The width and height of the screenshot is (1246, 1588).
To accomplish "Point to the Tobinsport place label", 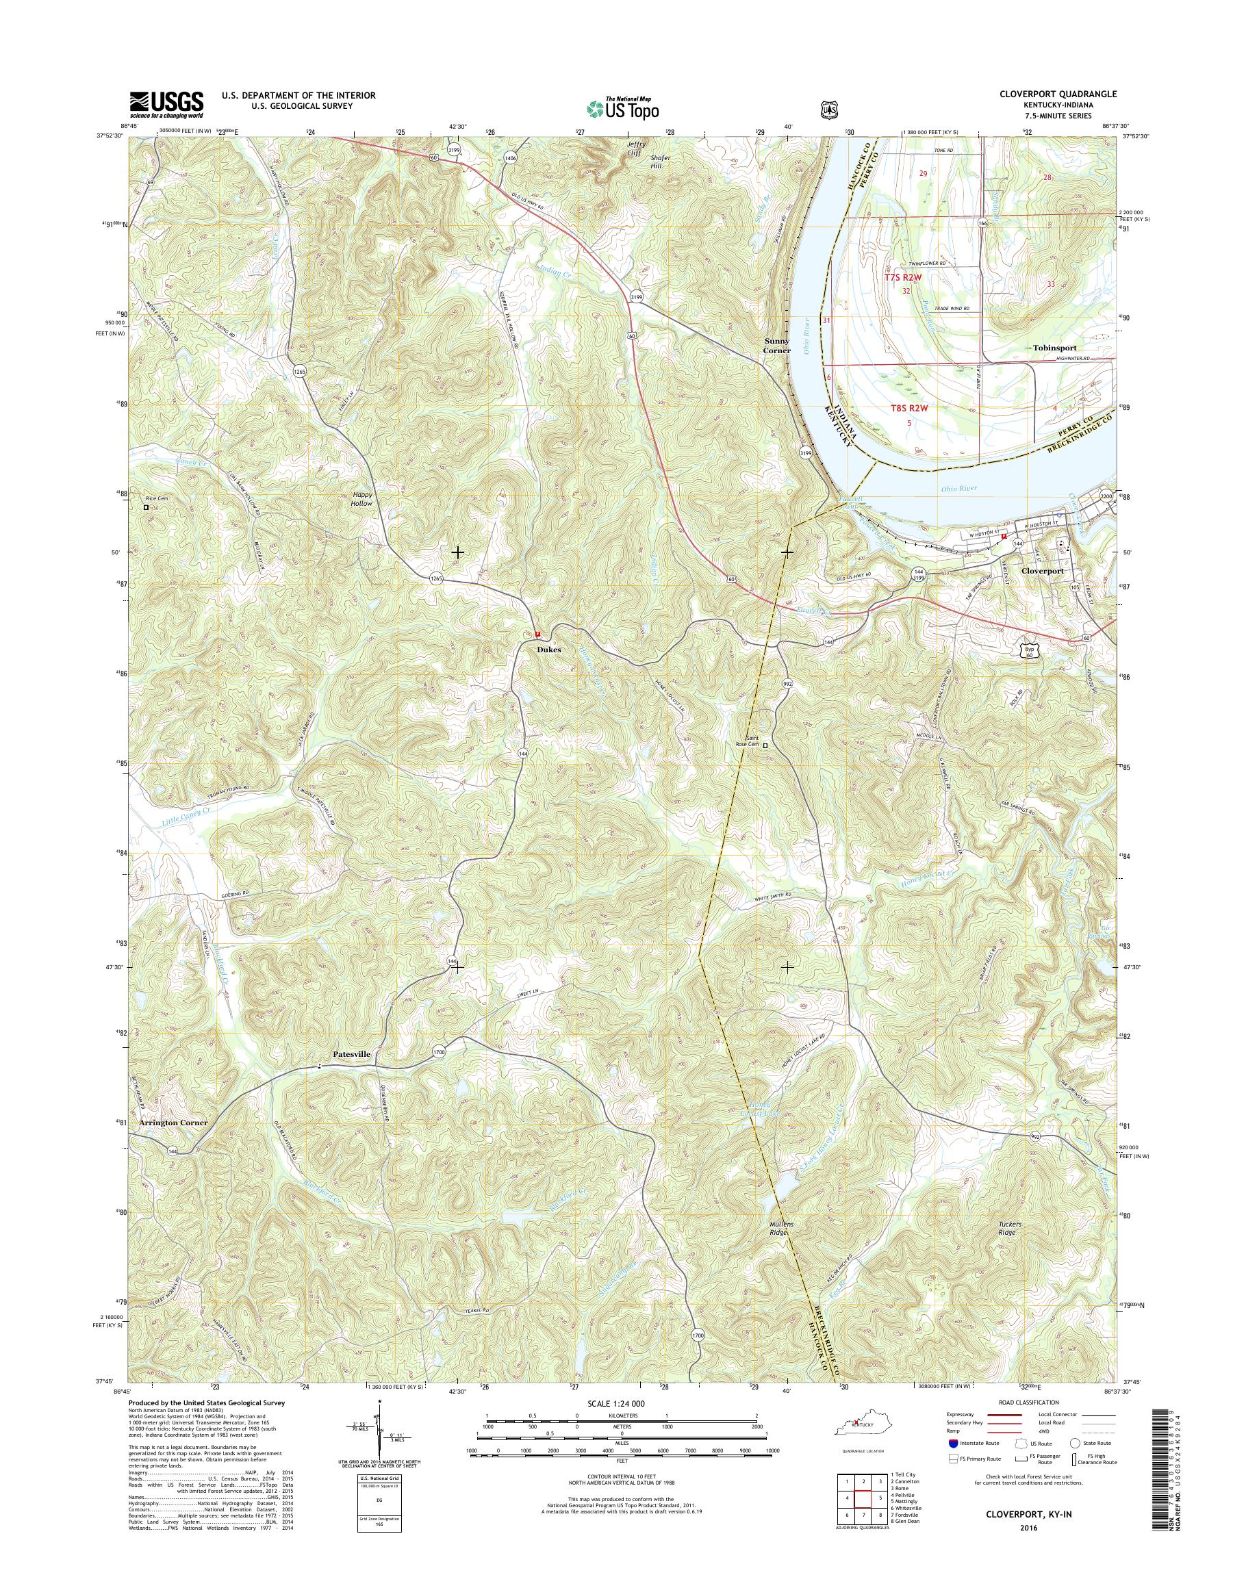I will tap(1054, 348).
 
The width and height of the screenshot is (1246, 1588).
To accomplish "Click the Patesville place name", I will tap(352, 1054).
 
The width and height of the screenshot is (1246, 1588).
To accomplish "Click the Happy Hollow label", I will tap(362, 498).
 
